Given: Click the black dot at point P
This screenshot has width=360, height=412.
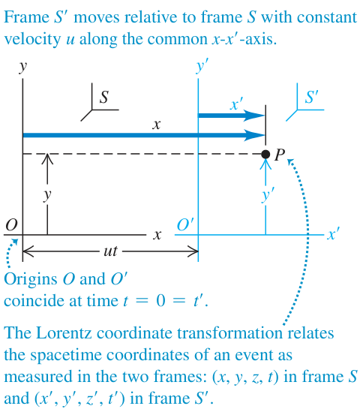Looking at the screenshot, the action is pyautogui.click(x=265, y=155).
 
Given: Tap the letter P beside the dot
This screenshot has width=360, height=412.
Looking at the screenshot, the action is pyautogui.click(x=280, y=155).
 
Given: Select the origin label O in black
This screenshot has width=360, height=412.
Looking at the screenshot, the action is pyautogui.click(x=11, y=225).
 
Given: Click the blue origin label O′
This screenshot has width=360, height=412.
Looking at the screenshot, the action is pyautogui.click(x=185, y=224).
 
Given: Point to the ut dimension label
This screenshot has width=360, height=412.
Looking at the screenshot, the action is pyautogui.click(x=110, y=251).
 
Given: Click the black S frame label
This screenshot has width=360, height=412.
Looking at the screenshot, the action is pyautogui.click(x=104, y=97).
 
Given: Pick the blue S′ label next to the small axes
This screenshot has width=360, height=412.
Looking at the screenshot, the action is pyautogui.click(x=311, y=97).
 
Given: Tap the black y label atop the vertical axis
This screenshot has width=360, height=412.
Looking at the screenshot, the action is pyautogui.click(x=22, y=68).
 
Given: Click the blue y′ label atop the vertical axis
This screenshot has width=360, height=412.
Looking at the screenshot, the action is pyautogui.click(x=202, y=67).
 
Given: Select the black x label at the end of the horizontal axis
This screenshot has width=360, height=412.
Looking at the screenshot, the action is pyautogui.click(x=157, y=235).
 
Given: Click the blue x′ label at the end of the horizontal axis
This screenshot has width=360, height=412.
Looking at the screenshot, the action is pyautogui.click(x=334, y=233).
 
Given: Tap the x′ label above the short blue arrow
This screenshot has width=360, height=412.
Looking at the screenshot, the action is pyautogui.click(x=236, y=104).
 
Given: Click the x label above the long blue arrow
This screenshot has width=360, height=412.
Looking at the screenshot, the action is pyautogui.click(x=157, y=125).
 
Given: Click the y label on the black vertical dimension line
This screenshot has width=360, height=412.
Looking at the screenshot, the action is pyautogui.click(x=47, y=195).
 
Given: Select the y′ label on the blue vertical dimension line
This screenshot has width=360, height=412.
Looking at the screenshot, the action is pyautogui.click(x=268, y=195).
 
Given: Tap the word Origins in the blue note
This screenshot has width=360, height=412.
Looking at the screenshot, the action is pyautogui.click(x=31, y=279).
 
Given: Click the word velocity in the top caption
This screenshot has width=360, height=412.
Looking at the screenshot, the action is pyautogui.click(x=32, y=40).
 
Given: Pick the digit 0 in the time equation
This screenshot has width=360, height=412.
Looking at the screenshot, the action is pyautogui.click(x=161, y=301).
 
